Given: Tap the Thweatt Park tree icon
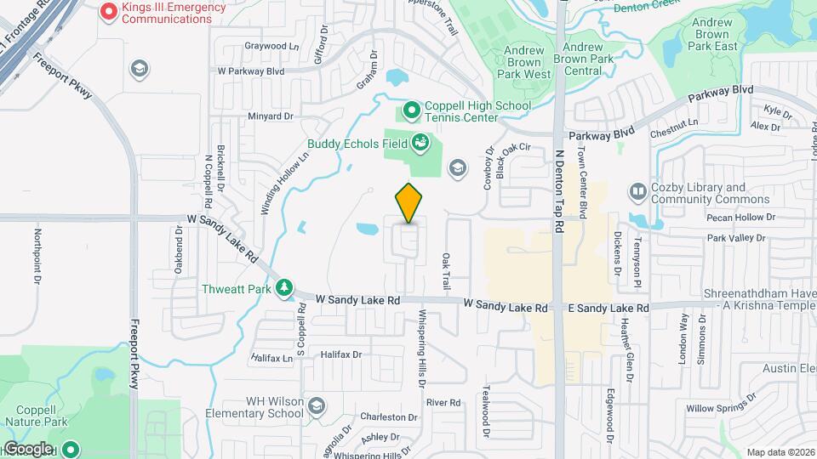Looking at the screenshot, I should click(285, 288).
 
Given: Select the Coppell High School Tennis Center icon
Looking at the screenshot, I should click(412, 109).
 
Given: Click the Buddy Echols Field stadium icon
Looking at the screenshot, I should click(419, 142).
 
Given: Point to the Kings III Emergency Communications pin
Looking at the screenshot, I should click(108, 12).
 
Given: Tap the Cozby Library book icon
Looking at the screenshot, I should click(637, 192).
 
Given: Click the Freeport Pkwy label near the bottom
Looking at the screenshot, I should click(134, 354).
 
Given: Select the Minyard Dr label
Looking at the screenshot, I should click(270, 116).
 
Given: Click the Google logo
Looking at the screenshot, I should click(27, 448).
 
